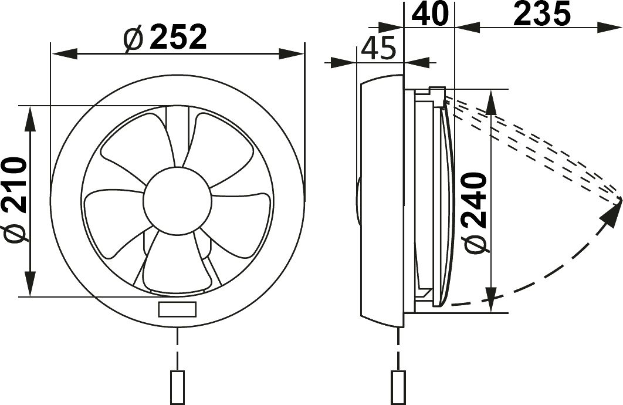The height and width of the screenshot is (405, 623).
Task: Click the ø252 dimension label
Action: [165, 38]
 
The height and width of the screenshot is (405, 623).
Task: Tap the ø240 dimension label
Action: [476, 212]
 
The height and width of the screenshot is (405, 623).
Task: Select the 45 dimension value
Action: [378, 48]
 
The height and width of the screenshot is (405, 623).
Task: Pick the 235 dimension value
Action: [542, 14]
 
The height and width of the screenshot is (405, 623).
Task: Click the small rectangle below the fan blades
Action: [177, 309]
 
